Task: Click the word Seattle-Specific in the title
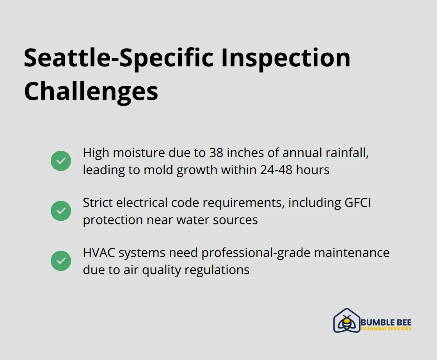pos(119,59)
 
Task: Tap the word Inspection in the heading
pos(286,59)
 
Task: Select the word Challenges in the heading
pos(91,91)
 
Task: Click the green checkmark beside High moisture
pos(61,161)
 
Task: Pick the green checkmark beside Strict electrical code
pos(61,211)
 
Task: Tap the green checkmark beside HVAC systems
pos(61,261)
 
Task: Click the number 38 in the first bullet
pos(216,153)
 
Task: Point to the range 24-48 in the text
pos(276,170)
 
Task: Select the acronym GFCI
pos(358,203)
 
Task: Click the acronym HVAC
pos(99,253)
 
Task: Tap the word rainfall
pos(347,153)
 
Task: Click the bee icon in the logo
pos(346,323)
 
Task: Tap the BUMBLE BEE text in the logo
pos(386,323)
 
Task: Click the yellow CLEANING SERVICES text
pos(386,328)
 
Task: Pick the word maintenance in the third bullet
pos(352,253)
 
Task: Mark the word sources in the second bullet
pos(235,220)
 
